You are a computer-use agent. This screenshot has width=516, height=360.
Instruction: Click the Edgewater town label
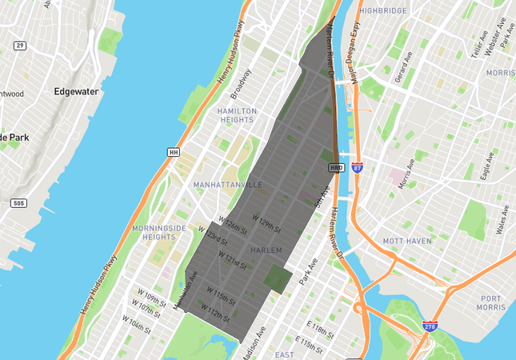click(x=76, y=91)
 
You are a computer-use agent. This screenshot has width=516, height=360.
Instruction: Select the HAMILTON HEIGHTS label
click(x=236, y=115)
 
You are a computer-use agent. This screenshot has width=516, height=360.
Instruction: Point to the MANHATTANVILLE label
click(x=228, y=185)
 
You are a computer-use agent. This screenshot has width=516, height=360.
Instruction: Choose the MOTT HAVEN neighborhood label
click(x=408, y=240)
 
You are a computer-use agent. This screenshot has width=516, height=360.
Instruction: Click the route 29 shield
click(x=20, y=46)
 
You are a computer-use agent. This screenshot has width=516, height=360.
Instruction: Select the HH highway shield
click(x=173, y=152)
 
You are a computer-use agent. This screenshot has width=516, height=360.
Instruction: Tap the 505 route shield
click(x=19, y=203)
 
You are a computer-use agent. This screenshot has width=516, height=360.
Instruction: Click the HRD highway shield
click(x=336, y=168)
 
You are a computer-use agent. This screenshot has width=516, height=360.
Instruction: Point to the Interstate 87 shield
click(x=357, y=168)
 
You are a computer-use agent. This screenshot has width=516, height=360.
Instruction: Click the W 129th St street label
click(x=267, y=223)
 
